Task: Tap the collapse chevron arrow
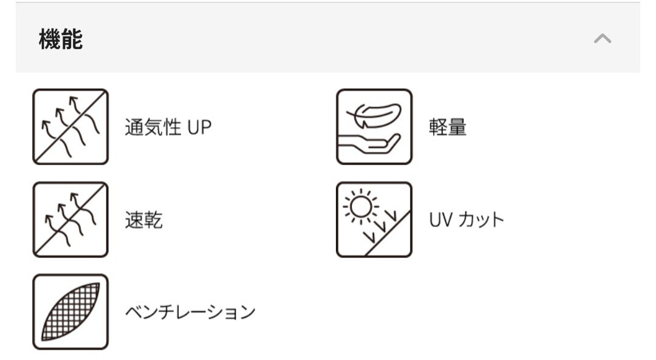coord(602,39)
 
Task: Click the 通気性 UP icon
coord(70,127)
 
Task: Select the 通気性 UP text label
coord(168,127)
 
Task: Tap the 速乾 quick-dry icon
coord(70,219)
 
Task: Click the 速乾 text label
coord(144,220)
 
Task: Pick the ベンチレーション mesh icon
coord(70,311)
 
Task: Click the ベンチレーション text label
coord(190,312)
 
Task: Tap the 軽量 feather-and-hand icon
coord(374,127)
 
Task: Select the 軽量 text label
coord(448,127)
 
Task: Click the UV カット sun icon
coord(374,219)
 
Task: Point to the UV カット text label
coord(466,220)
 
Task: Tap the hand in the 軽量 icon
coord(371,143)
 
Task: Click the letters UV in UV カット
coord(439,220)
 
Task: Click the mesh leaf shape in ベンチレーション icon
coord(70,311)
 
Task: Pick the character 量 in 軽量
coord(457,127)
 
